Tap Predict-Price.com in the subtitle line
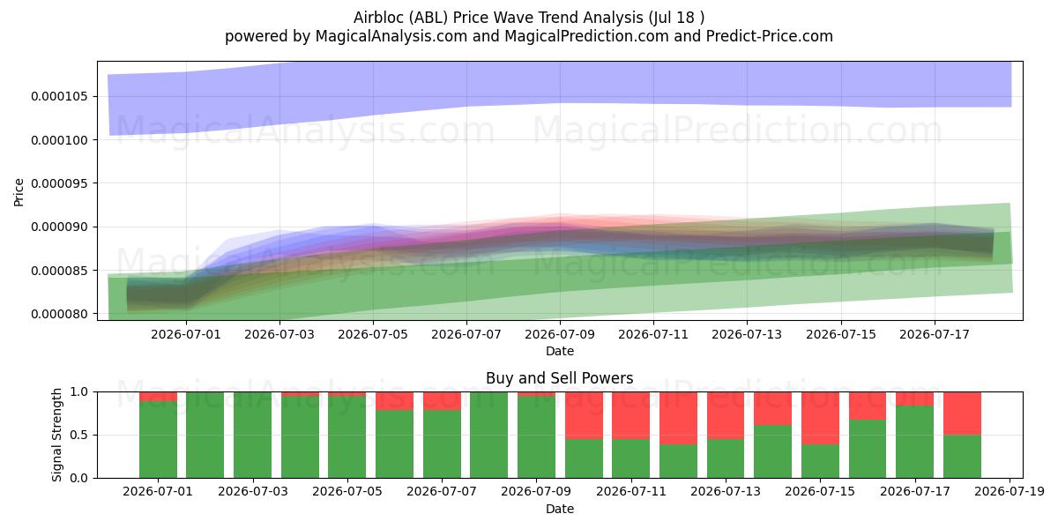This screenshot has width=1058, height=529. click(770, 36)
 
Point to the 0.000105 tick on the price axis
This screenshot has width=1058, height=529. click(60, 96)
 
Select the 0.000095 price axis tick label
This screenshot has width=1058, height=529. click(60, 183)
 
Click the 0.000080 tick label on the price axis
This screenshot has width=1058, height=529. click(60, 314)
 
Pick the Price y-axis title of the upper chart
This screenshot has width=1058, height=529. click(19, 192)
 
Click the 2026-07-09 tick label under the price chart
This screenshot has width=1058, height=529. click(560, 334)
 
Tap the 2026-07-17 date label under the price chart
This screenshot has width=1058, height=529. click(935, 334)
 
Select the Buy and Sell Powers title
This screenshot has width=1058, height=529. click(560, 378)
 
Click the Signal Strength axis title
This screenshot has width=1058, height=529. click(56, 435)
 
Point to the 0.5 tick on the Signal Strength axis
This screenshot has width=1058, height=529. click(78, 435)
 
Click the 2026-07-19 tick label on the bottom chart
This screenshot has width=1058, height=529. click(1010, 492)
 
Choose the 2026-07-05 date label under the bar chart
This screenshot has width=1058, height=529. click(347, 492)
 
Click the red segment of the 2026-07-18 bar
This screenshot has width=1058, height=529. click(962, 414)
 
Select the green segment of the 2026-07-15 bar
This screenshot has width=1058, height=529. click(820, 461)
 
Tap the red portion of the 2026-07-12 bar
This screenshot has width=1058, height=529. click(678, 418)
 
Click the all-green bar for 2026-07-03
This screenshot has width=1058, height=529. click(252, 435)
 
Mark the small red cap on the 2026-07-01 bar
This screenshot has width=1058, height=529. click(158, 397)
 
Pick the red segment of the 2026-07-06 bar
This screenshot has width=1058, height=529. click(394, 401)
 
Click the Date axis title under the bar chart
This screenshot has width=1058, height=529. click(560, 510)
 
